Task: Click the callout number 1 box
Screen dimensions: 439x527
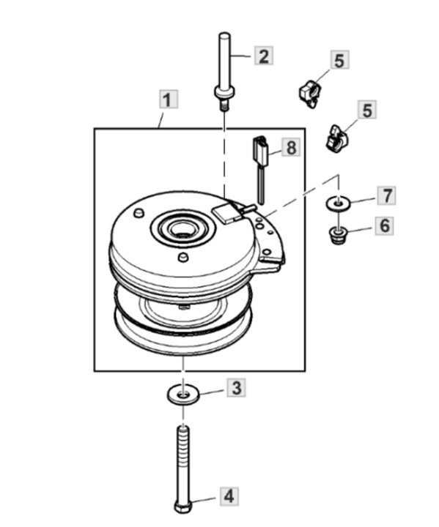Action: (169, 99)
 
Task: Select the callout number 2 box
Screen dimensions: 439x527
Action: (264, 56)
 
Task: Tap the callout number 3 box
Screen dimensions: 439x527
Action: (237, 387)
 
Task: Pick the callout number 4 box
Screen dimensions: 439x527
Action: (229, 496)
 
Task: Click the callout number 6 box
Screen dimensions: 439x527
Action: (385, 225)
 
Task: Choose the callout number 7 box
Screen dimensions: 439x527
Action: (386, 195)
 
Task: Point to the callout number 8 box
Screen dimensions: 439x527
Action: (291, 147)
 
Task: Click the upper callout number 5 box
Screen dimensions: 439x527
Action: (339, 60)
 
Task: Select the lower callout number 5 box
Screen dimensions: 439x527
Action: (367, 110)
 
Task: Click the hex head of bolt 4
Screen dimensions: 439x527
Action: (182, 507)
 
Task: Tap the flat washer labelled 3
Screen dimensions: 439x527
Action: (183, 395)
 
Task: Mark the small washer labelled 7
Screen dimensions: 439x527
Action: (339, 203)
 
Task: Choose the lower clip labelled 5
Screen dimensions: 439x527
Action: (336, 138)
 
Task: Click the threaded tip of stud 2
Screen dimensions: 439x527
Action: (224, 107)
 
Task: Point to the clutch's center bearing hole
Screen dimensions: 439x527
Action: (182, 230)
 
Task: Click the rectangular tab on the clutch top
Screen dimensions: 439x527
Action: (223, 213)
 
